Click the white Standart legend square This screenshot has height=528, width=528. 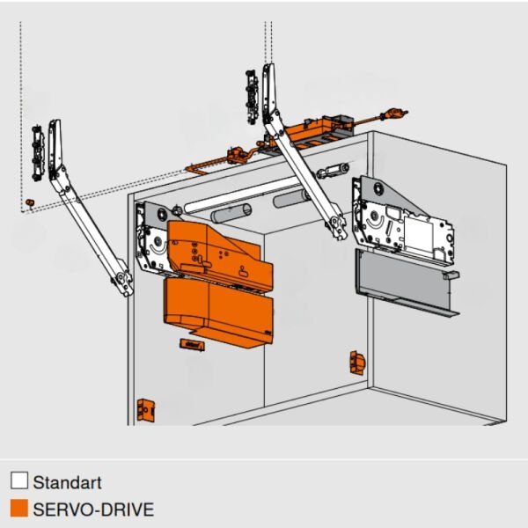point(19,480)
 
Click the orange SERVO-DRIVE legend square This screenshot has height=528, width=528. point(19,508)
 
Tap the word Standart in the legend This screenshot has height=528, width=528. point(68,482)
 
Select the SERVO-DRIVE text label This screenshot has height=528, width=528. point(93,510)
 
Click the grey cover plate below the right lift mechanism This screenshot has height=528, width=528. point(406,282)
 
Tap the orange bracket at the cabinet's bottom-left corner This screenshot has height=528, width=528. point(146,410)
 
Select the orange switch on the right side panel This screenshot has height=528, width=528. point(357,363)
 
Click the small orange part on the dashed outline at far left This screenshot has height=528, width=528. point(30,202)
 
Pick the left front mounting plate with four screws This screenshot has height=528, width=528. point(38,153)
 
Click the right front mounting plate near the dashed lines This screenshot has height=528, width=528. point(252,97)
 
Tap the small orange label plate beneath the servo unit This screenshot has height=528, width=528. point(192,345)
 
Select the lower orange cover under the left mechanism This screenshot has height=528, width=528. point(219,312)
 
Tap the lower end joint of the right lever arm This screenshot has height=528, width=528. point(336,226)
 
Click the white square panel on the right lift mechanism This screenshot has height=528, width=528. point(419,234)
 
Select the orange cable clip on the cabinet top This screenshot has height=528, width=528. point(238,155)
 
